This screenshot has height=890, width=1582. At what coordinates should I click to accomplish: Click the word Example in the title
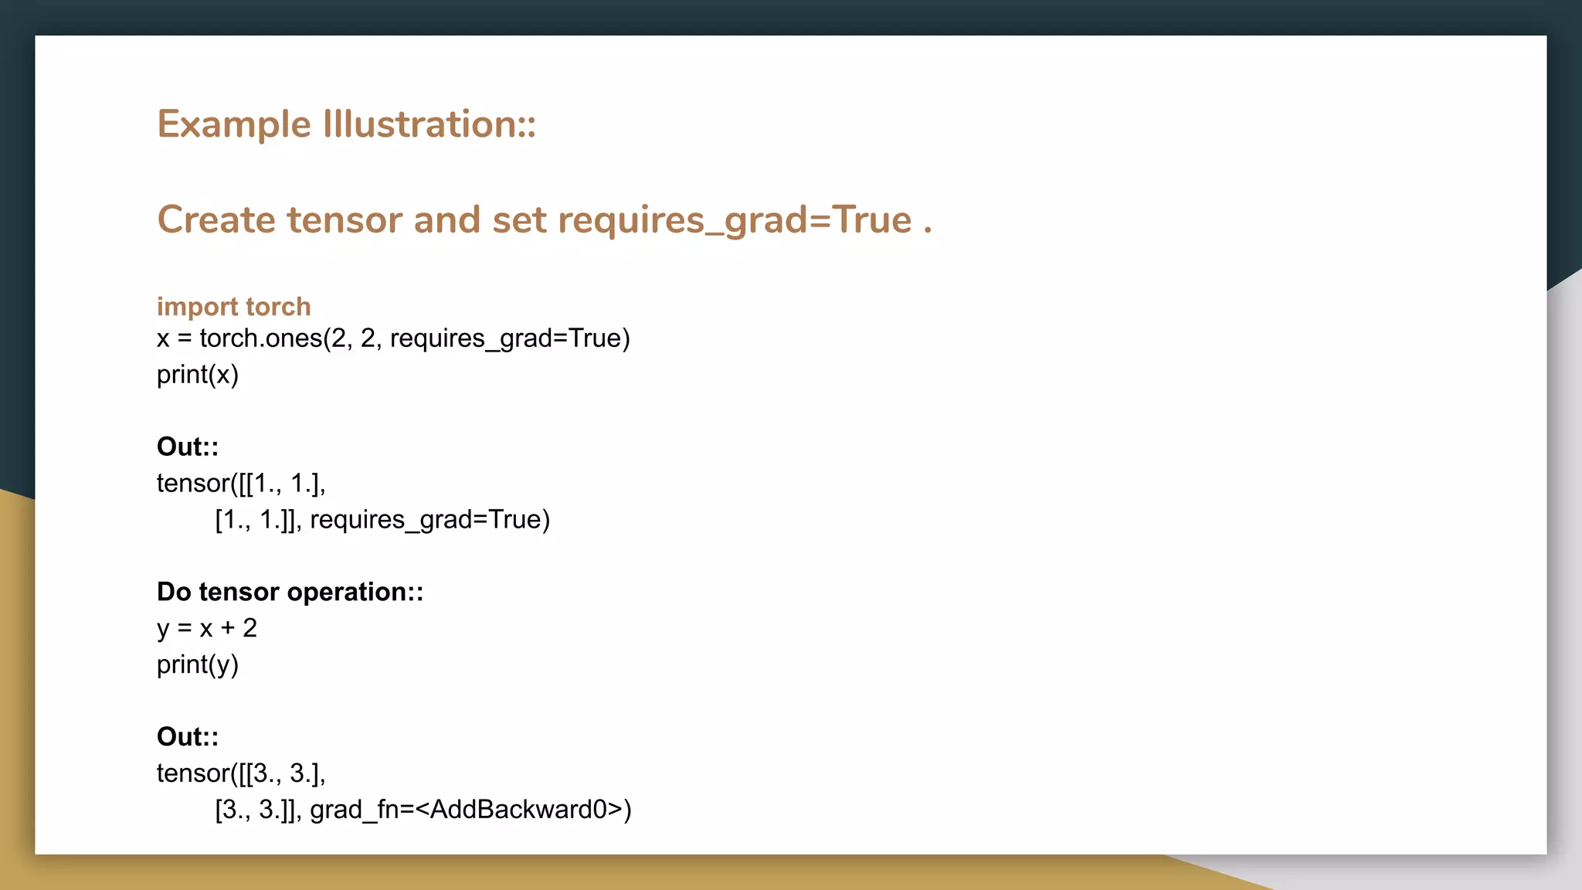234,125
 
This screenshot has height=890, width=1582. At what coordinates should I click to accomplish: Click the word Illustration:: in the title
429,125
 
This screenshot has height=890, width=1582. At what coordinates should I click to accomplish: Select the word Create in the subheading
216,220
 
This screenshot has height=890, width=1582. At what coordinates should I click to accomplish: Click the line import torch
233,307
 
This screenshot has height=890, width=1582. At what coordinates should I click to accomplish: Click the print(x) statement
198,375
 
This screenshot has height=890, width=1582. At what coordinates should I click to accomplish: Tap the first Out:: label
188,447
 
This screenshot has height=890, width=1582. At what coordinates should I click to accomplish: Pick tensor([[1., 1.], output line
241,484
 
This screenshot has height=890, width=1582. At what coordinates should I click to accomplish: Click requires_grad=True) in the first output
429,520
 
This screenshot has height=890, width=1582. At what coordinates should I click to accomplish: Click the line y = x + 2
206,628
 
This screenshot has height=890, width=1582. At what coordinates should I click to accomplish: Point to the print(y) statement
198,664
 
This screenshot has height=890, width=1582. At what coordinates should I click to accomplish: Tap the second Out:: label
188,737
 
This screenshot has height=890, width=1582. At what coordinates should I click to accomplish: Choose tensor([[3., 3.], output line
241,773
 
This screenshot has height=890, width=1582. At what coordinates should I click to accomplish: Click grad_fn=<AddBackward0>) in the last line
470,810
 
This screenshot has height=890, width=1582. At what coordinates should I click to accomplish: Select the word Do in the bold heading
174,592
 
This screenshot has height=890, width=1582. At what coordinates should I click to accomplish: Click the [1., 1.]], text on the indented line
258,520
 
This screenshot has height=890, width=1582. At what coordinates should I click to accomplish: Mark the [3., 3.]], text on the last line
258,810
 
